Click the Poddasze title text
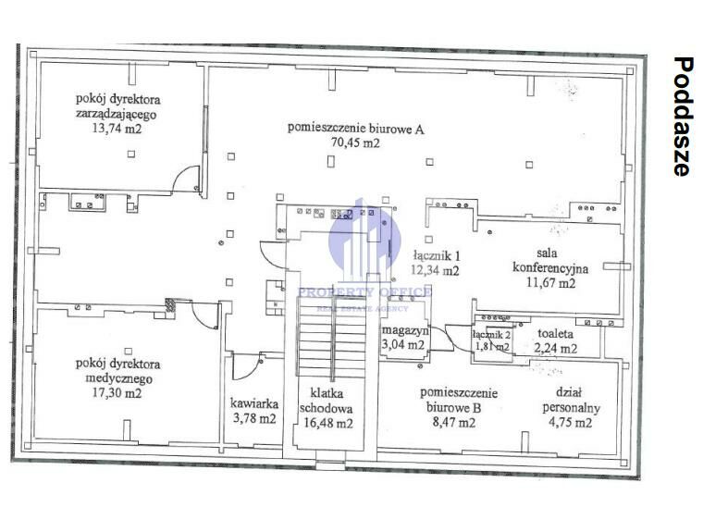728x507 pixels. [x=683, y=117]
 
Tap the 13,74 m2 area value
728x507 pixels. [x=117, y=129]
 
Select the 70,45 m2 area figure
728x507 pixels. [x=355, y=142]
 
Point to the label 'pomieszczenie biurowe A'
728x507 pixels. [x=355, y=129]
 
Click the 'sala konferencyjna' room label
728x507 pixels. [x=550, y=261]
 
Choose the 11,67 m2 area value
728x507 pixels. [x=551, y=282]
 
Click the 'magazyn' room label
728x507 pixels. [x=405, y=330]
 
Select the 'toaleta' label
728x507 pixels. [x=555, y=333]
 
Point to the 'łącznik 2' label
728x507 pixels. [x=492, y=334]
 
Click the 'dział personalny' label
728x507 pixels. [x=571, y=401]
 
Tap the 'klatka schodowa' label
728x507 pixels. [x=326, y=401]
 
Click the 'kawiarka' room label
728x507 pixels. [x=254, y=403]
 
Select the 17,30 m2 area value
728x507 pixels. [x=117, y=393]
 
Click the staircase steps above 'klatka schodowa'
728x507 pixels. [x=332, y=338]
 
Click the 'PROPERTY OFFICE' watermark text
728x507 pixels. [x=364, y=292]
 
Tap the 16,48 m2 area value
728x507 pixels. [x=328, y=423]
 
